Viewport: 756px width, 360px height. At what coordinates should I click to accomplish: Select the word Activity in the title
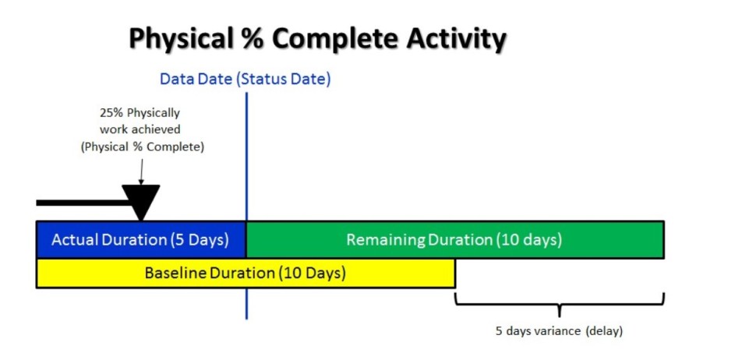tap(456, 40)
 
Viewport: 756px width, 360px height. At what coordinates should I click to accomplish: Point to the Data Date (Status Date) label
tap(246, 79)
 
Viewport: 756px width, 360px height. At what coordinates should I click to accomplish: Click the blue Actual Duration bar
tap(141, 239)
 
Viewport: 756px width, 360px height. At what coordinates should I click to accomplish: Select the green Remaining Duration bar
tap(455, 239)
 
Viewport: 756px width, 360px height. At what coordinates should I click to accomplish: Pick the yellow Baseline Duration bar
tap(246, 274)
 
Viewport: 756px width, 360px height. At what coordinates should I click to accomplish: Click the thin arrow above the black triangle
tap(141, 171)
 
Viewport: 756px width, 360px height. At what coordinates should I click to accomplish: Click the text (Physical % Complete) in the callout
tap(142, 147)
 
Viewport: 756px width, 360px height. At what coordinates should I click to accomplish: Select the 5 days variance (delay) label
tap(560, 331)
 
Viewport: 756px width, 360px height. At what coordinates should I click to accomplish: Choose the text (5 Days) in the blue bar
tap(200, 239)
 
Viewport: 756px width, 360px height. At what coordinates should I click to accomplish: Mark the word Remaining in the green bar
tap(387, 240)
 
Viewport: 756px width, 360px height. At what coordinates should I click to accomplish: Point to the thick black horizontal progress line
tap(83, 203)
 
